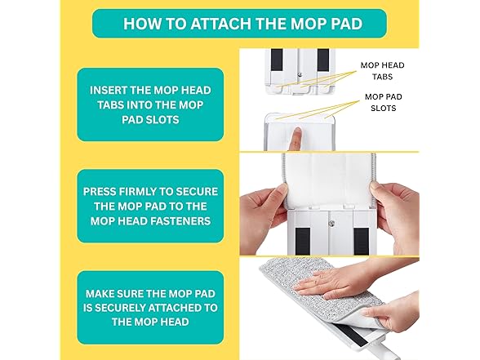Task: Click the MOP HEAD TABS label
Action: tap(382, 71)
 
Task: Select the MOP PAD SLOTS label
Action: tap(384, 102)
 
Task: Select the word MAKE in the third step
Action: tap(99, 294)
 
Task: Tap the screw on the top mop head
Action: tap(300, 73)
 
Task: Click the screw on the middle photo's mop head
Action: tap(331, 224)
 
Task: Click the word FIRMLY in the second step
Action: tap(137, 192)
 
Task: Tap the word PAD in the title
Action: tap(348, 24)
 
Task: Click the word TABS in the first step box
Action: tap(110, 105)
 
